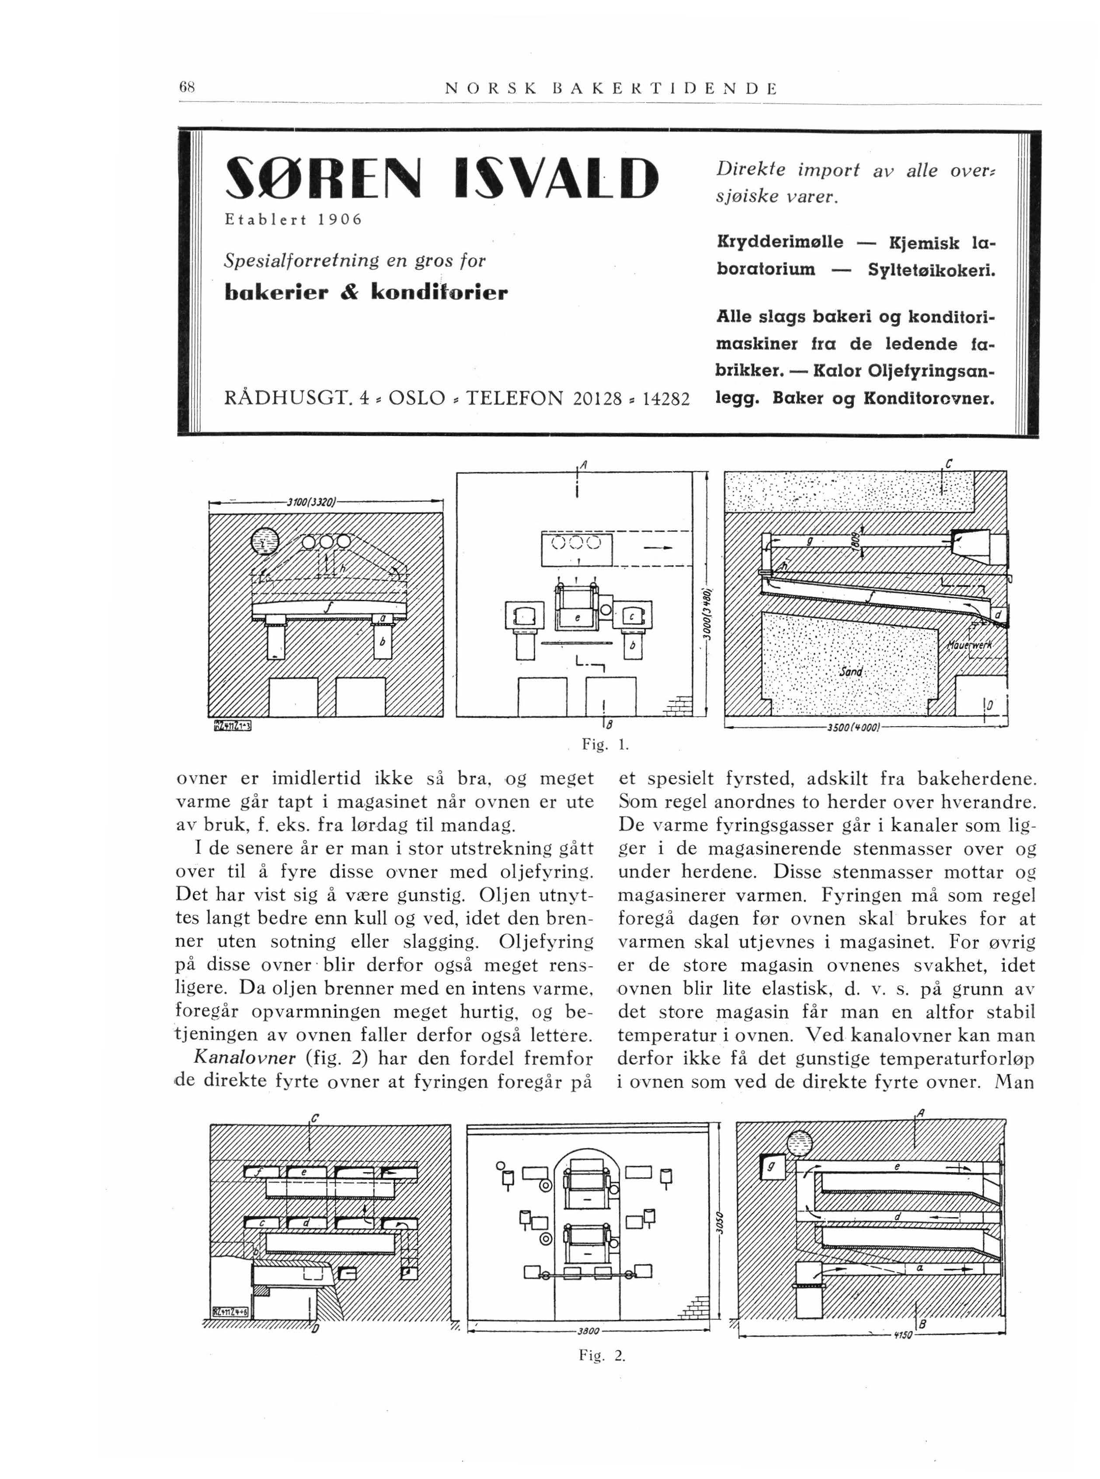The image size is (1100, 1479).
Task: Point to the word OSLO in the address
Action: click(417, 398)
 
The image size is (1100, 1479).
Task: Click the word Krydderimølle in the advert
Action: click(780, 242)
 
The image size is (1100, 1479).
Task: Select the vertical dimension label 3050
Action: click(718, 1227)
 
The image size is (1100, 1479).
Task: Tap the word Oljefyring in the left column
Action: click(545, 942)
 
